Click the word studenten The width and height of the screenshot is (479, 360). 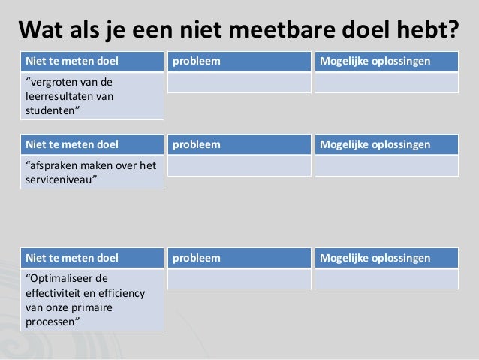click(53, 110)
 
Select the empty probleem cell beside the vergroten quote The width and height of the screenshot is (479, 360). click(239, 82)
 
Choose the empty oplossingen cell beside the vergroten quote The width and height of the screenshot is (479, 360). click(385, 82)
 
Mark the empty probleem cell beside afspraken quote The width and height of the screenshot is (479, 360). click(239, 165)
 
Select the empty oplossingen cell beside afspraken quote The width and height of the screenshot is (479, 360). click(385, 165)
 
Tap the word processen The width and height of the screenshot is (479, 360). click(53, 321)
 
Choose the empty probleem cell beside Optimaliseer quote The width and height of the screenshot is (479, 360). click(239, 279)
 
